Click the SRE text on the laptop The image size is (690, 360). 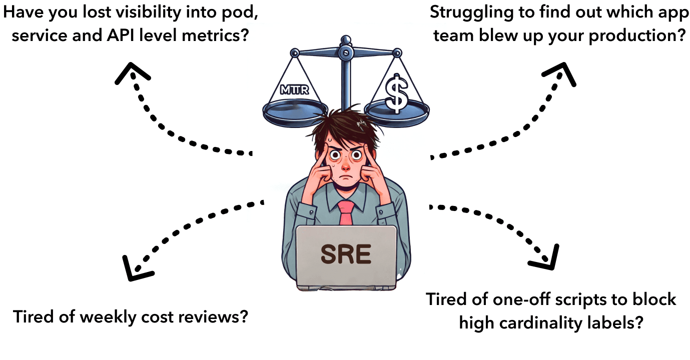346,255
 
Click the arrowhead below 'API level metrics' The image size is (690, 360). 131,74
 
